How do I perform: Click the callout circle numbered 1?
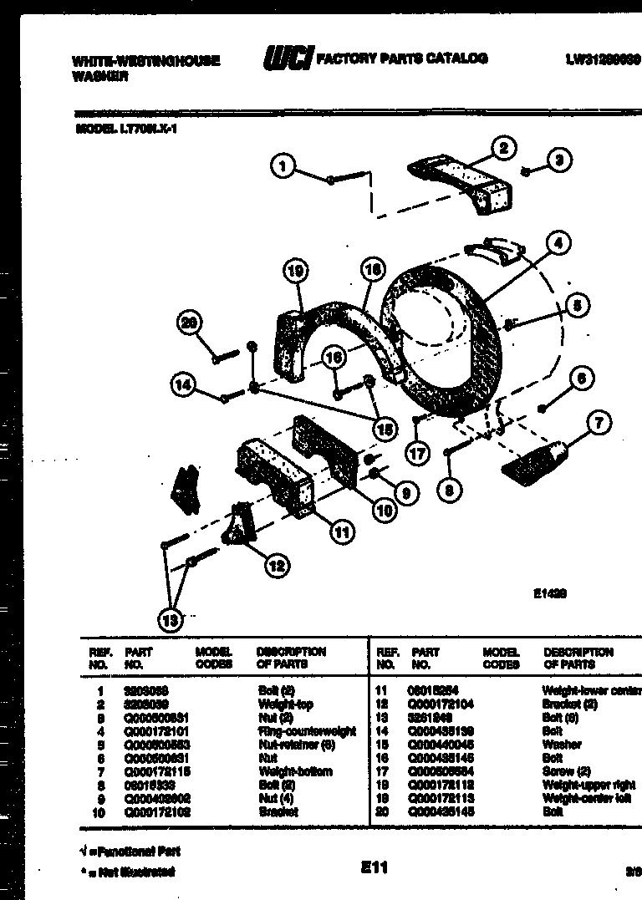(283, 167)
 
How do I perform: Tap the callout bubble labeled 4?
(557, 243)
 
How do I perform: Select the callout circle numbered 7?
(599, 422)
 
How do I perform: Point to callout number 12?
(277, 566)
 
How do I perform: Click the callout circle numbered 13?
(171, 619)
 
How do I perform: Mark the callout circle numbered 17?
(416, 453)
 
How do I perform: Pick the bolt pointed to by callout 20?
(223, 356)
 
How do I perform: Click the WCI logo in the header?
(288, 58)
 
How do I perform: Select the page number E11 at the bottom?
(374, 867)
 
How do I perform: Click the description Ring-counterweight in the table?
(307, 731)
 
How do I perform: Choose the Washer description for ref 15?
(561, 745)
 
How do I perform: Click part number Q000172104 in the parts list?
(442, 704)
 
